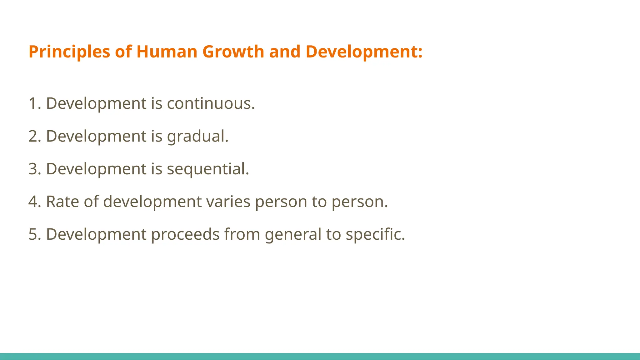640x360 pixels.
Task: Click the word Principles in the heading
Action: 69,52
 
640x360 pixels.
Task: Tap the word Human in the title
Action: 167,52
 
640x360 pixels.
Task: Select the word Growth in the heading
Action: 233,52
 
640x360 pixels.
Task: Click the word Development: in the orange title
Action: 364,52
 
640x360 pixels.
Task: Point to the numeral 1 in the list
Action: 33,103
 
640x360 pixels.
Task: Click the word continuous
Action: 211,103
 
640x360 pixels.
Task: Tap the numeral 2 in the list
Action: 33,136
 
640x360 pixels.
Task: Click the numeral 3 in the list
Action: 33,169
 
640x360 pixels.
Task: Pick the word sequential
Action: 208,169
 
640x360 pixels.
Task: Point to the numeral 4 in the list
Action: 33,202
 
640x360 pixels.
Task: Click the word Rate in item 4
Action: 62,202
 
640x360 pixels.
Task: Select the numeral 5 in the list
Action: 33,234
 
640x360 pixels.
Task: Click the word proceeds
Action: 185,235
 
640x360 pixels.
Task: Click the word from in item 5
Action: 242,234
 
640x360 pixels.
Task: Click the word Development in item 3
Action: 96,169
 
